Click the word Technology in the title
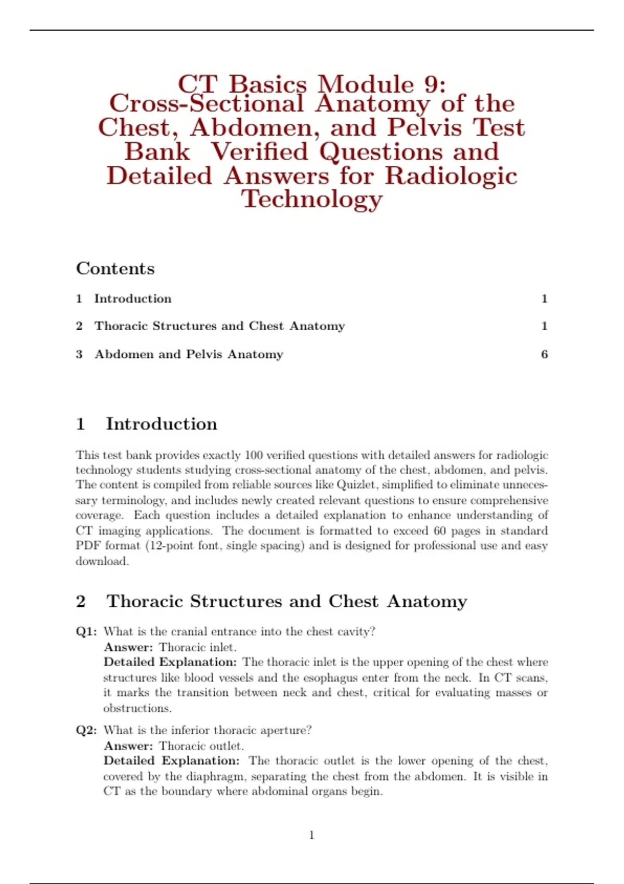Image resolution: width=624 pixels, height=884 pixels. [312, 199]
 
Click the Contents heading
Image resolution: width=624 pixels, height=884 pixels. [115, 268]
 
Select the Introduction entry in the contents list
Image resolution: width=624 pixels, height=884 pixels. [133, 298]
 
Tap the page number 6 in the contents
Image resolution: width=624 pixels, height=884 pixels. [544, 354]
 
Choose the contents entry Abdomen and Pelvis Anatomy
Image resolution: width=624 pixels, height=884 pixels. [189, 354]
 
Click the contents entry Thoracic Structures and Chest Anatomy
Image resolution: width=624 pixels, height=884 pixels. [219, 326]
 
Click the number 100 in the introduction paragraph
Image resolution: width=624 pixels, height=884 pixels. [254, 455]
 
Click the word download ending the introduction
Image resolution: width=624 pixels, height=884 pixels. [101, 561]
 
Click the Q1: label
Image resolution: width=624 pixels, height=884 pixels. [86, 631]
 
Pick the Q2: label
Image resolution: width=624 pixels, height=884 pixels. [86, 730]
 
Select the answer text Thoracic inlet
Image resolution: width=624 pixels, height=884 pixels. [198, 647]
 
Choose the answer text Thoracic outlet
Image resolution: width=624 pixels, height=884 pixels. [201, 746]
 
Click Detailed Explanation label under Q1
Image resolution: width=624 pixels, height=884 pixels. [170, 662]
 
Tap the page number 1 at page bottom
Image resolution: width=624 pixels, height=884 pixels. [312, 835]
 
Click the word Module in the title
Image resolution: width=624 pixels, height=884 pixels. [366, 84]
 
